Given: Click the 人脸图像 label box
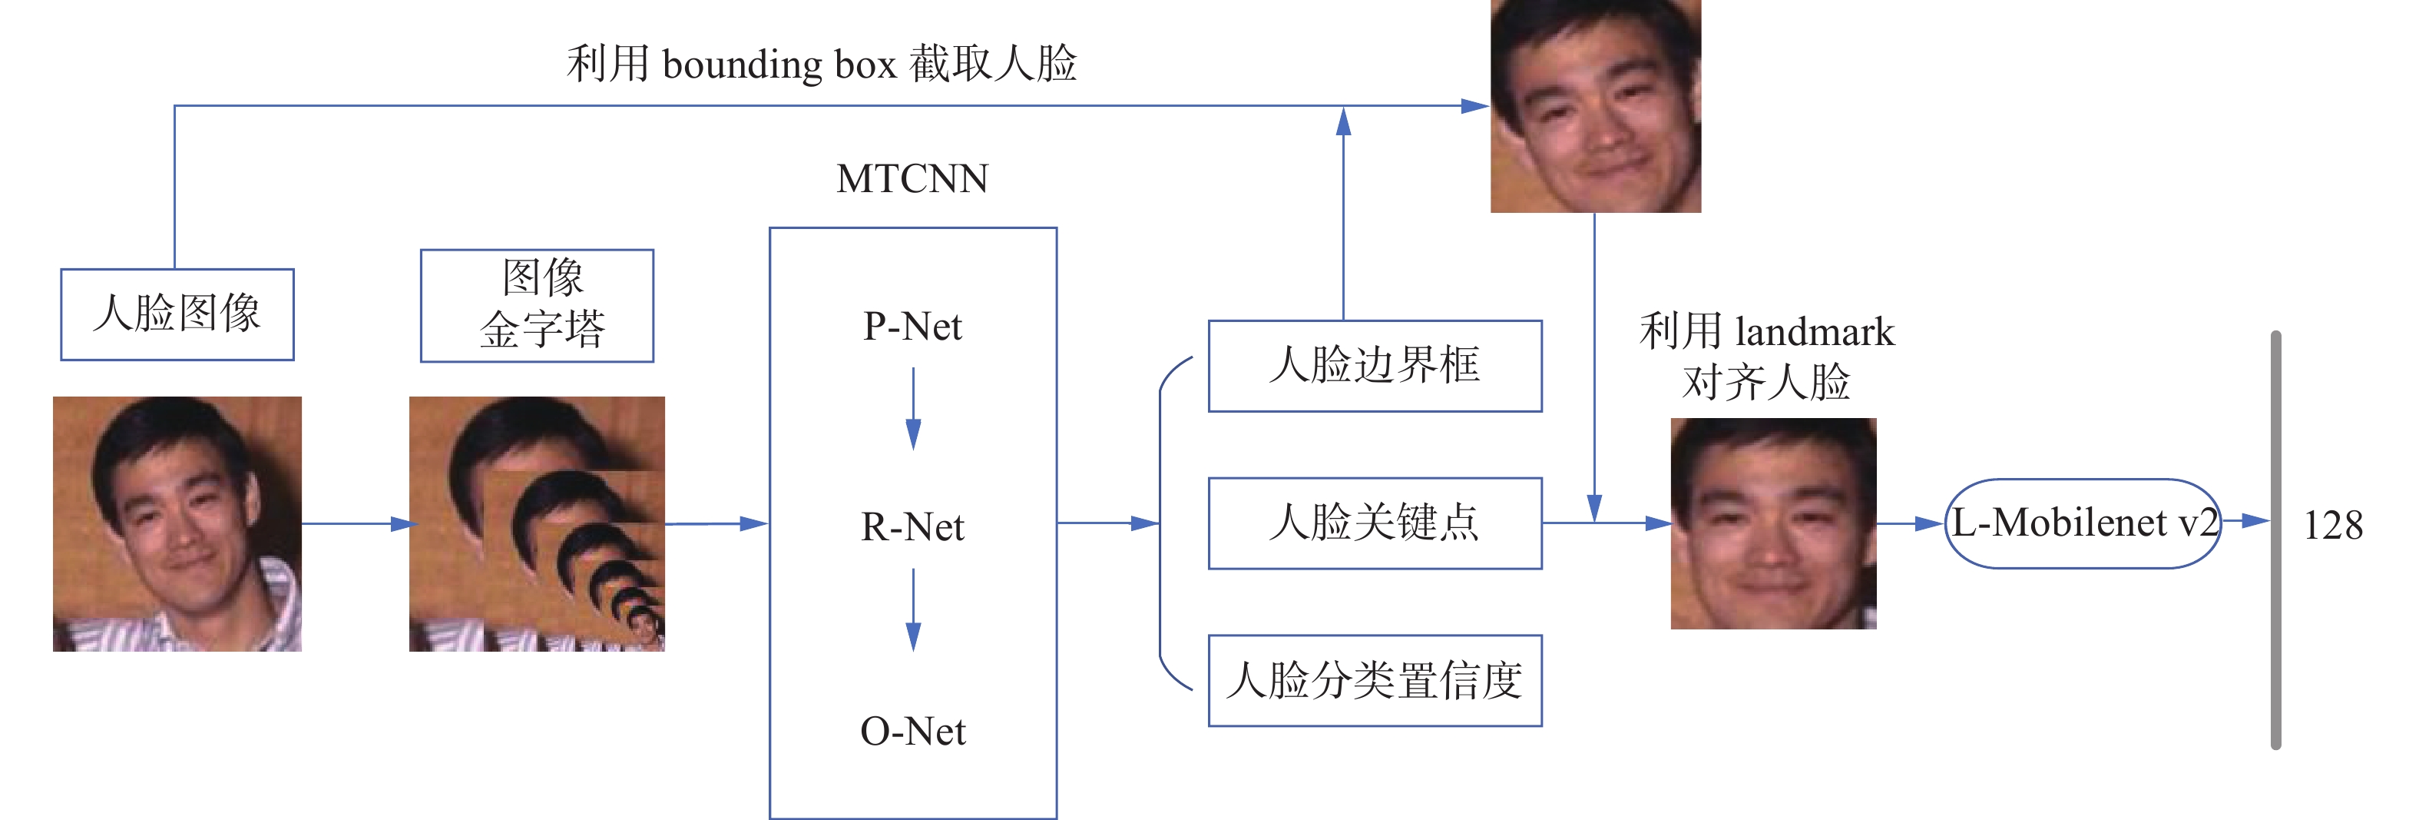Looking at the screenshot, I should pyautogui.click(x=177, y=314).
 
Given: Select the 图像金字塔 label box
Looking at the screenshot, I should pyautogui.click(x=537, y=305).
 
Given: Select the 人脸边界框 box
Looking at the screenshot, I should pyautogui.click(x=1375, y=365).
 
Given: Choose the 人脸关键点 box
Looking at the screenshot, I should pyautogui.click(x=1375, y=523).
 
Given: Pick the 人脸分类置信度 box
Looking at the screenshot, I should pyautogui.click(x=1375, y=681).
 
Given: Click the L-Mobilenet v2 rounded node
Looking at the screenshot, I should pyautogui.click(x=2083, y=523).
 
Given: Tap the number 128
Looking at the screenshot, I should pyautogui.click(x=2333, y=525).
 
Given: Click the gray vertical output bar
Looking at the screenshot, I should pyautogui.click(x=2275, y=540).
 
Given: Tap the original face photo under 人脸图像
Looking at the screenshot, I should pyautogui.click(x=177, y=523).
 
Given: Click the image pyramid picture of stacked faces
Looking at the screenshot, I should pyautogui.click(x=537, y=523).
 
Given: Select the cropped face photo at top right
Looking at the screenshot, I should pyautogui.click(x=1596, y=105).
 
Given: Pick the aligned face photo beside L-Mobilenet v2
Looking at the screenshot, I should pyautogui.click(x=1773, y=523).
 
